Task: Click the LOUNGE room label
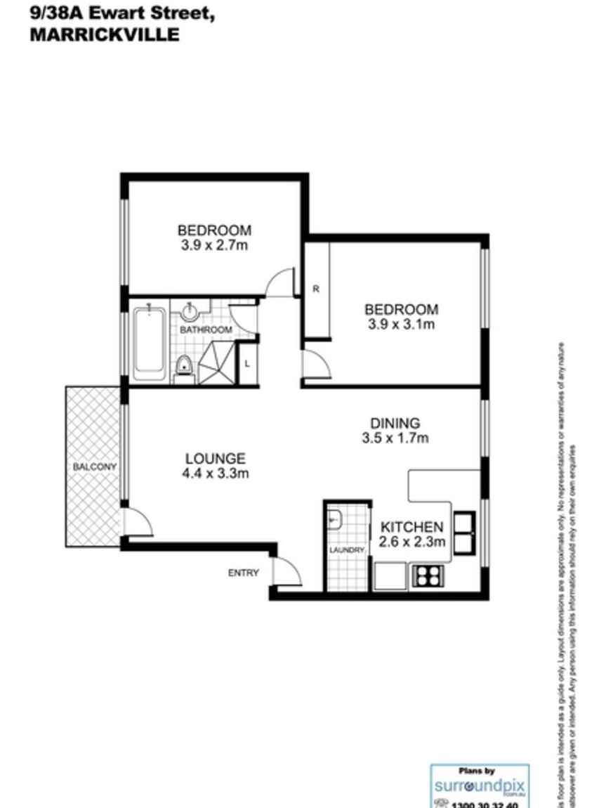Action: (216, 459)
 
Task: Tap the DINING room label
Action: (395, 423)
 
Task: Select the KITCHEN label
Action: (411, 527)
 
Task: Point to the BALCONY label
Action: (93, 467)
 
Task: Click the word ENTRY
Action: (243, 573)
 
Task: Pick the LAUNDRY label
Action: (347, 550)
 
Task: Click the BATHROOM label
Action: (206, 330)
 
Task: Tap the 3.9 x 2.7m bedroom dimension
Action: (214, 245)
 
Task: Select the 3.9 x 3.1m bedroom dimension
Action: (401, 324)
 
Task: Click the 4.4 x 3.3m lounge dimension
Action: (216, 474)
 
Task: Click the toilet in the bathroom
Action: (185, 367)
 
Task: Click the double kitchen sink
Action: (465, 533)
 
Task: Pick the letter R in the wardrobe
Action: (316, 289)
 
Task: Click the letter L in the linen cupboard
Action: (247, 363)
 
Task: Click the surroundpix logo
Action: (480, 786)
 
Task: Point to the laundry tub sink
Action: (335, 521)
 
